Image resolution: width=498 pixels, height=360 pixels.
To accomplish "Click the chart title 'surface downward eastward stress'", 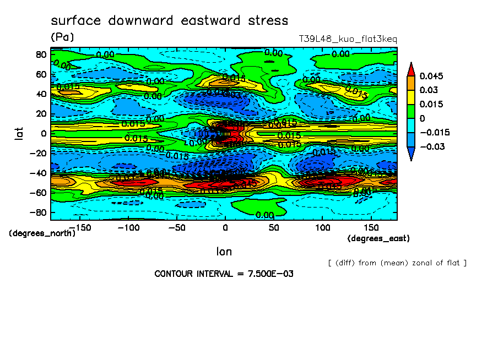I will point(169,21).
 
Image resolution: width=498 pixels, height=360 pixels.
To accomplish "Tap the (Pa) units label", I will point(62,37).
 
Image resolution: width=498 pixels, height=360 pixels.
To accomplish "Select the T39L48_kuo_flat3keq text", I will point(348,39).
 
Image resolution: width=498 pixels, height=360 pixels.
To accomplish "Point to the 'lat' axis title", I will point(19,132).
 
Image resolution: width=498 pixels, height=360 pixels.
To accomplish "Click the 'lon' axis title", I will point(224,252).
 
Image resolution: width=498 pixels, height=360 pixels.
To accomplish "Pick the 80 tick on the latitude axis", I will point(40,54).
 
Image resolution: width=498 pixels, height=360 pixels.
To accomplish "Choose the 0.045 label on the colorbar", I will point(431,76).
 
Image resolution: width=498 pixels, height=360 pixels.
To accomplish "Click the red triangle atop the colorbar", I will point(410,69).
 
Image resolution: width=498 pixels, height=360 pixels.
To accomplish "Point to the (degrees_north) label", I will point(42,233).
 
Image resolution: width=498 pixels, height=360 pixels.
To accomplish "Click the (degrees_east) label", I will point(378,238).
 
